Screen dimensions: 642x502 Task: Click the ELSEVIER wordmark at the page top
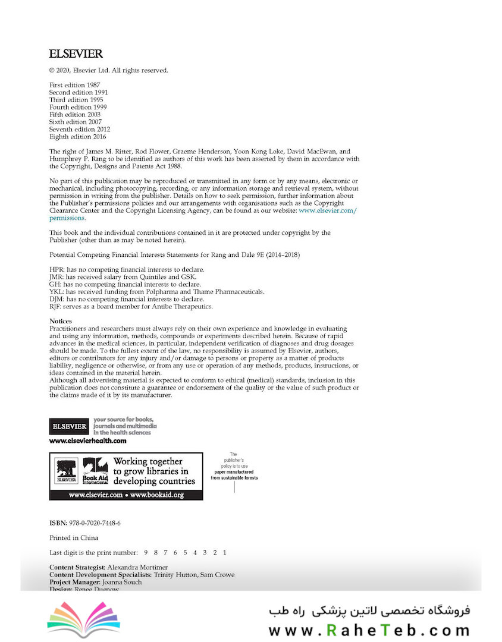[76, 54]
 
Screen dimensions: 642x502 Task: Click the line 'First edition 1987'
[74, 85]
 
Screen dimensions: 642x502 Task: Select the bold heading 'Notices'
[61, 321]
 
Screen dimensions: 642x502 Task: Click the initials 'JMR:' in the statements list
[57, 277]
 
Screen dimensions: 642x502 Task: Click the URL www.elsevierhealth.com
[87, 440]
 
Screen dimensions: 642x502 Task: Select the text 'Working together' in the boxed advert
[148, 461]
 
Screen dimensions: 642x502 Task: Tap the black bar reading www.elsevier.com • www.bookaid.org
[126, 495]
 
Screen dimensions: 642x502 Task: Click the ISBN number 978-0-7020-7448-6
[95, 523]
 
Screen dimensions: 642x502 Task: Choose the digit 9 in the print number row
[146, 552]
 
